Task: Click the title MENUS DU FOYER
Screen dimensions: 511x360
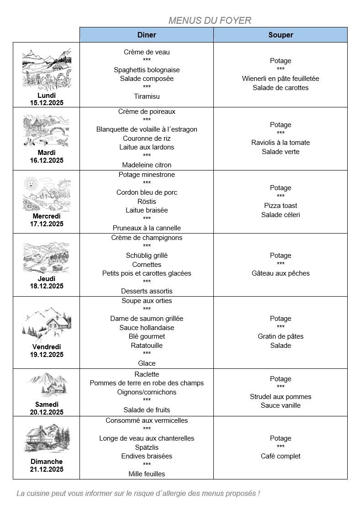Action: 210,21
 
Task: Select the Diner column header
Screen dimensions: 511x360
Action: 147,35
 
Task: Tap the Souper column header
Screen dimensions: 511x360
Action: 281,35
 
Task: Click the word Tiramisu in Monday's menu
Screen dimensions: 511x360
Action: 147,96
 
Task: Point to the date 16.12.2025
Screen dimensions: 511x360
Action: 47,160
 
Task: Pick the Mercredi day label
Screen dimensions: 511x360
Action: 47,216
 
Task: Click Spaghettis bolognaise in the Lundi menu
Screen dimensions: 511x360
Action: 147,70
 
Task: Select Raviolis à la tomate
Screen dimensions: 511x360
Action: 281,143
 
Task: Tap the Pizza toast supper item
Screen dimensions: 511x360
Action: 281,206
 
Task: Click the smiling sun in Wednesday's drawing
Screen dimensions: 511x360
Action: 31,184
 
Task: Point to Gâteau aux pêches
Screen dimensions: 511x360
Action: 281,273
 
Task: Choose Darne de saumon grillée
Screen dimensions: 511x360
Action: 147,319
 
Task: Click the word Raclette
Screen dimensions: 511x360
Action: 147,374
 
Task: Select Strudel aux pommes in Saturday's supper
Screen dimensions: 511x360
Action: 281,397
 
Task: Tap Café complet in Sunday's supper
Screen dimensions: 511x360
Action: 281,456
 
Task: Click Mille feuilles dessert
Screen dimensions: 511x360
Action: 147,474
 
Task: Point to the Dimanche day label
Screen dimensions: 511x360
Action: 47,462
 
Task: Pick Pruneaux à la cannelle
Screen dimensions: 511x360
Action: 147,228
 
